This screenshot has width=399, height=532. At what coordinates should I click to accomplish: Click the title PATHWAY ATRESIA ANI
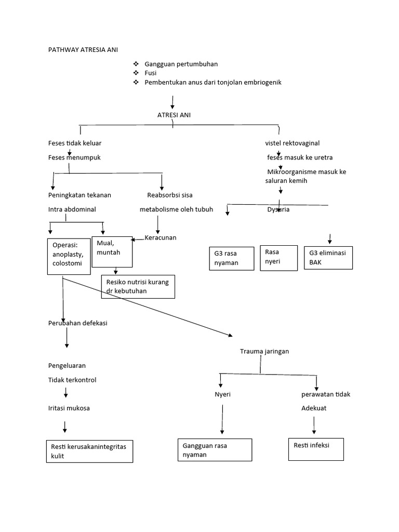[x=83, y=50]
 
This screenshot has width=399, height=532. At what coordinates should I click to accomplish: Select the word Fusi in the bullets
[x=150, y=73]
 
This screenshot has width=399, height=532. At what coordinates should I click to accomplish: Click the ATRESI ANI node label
[x=174, y=115]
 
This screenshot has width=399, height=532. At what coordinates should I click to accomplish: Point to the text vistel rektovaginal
[x=292, y=143]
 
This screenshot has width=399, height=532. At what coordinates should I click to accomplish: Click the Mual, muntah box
[x=112, y=251]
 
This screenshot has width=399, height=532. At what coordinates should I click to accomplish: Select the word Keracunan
[x=161, y=237]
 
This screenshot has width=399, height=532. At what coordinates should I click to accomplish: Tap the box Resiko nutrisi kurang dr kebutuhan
[x=138, y=287]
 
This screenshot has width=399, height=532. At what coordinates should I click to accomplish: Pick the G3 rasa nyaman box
[x=231, y=259]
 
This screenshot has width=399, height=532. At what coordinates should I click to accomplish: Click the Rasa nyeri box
[x=278, y=258]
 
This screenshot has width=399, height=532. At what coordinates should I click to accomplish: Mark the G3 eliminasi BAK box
[x=328, y=258]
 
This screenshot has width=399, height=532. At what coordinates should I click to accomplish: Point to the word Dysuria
[x=278, y=210]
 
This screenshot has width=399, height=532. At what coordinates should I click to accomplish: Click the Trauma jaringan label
[x=264, y=352]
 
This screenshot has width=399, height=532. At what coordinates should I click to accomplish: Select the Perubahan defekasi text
[x=77, y=323]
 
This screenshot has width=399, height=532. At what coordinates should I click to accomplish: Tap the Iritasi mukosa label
[x=69, y=408]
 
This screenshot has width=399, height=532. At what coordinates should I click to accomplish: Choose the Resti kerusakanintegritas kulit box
[x=89, y=451]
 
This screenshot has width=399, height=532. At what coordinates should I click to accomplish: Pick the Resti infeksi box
[x=316, y=449]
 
